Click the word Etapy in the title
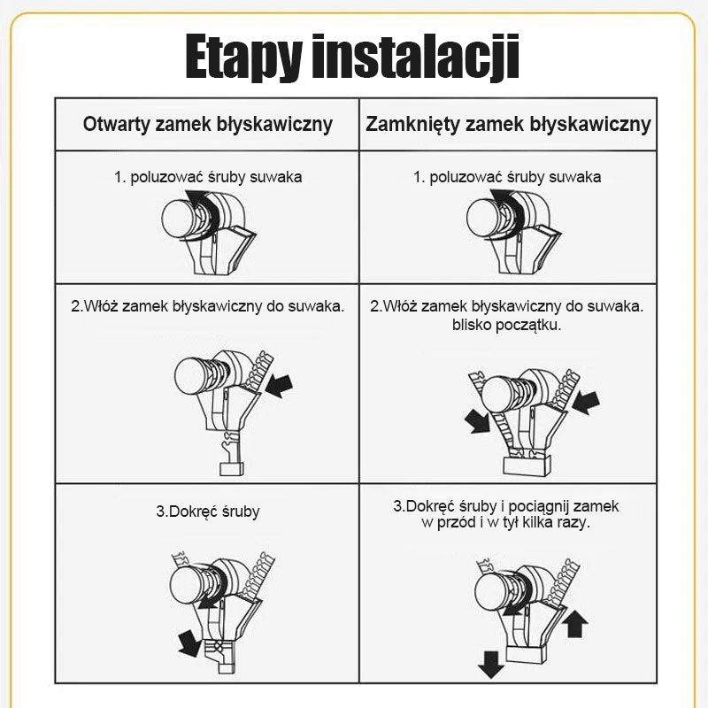point(244,58)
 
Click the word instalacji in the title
point(416,58)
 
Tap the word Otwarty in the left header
point(116,124)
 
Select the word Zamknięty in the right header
point(412,125)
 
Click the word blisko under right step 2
point(472,325)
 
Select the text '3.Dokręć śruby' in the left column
point(208,512)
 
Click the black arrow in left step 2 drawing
point(280,386)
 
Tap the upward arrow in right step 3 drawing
point(577,624)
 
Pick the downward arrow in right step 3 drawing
point(491,665)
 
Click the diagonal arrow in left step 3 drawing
point(189,643)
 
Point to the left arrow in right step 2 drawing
point(477,421)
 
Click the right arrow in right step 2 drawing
point(586,403)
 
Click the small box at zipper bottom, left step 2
point(232,469)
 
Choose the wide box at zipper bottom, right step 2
point(527,466)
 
